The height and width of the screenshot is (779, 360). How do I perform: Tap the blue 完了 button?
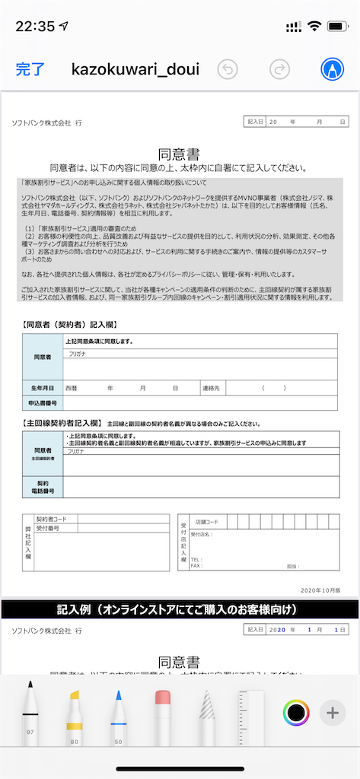30,70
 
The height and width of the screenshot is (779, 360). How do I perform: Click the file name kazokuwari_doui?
135,70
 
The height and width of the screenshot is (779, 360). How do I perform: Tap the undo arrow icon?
228,70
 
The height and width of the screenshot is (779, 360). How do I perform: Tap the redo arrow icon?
280,70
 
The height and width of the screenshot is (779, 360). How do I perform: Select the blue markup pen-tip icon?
332,70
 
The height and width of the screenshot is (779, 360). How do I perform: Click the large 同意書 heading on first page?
179,155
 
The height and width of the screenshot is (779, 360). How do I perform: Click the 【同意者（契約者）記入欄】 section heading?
69,325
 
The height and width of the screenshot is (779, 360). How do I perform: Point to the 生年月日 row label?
42,388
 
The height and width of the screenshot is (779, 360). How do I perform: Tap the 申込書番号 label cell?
42,403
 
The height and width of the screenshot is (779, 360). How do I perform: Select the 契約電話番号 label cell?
42,487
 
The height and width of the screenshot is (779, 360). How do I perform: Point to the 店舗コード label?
206,521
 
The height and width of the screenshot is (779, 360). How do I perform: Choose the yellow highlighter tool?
75,715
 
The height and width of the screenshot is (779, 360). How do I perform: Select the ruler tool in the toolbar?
250,715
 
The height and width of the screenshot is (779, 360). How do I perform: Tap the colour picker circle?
295,713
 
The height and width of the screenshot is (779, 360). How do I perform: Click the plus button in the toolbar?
332,713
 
